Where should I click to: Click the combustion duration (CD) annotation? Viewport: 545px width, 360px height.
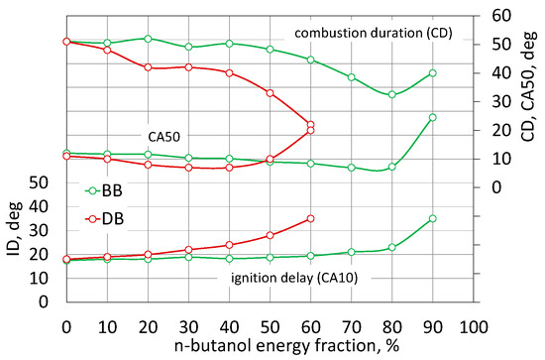point(377,33)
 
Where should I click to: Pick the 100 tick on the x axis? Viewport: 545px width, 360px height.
point(473,325)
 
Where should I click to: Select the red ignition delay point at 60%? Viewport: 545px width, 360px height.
point(310,218)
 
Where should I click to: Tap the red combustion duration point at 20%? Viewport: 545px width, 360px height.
point(148,67)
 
